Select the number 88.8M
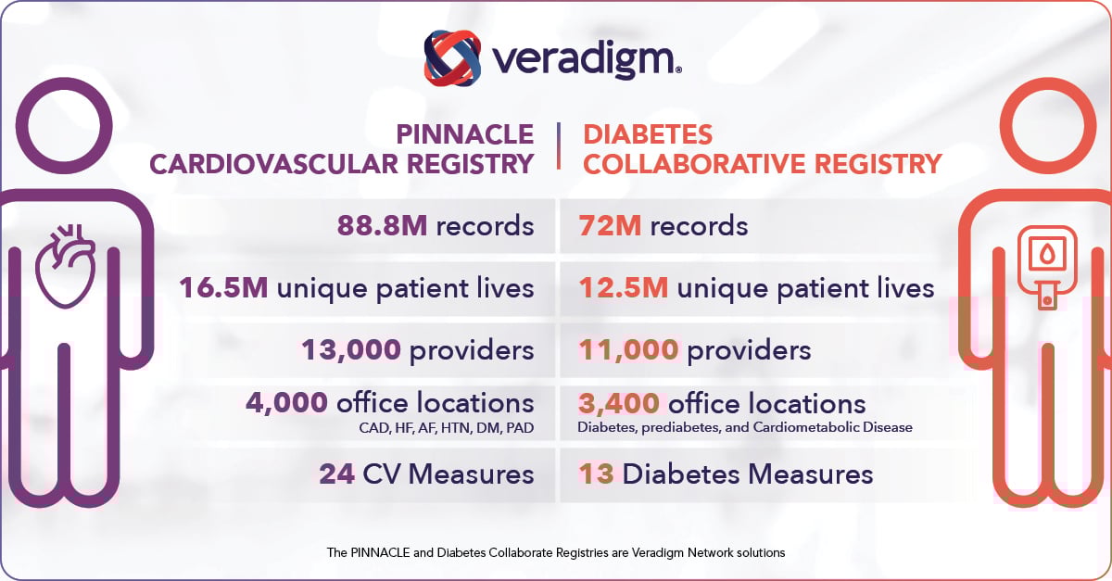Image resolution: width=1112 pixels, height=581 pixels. point(384,225)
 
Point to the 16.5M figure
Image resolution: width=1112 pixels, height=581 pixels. point(224,288)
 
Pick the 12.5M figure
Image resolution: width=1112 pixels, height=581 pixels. point(624,288)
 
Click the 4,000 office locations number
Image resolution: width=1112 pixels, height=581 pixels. point(286,403)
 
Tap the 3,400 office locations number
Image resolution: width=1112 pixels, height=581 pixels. point(619,403)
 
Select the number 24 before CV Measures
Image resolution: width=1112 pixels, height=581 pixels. point(336,474)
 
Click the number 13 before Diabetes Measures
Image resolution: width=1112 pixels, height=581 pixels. point(597,474)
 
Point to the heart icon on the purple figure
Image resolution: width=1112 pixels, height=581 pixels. point(65,264)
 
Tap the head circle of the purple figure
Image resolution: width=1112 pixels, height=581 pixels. point(65,127)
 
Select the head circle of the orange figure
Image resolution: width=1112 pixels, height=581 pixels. point(1047,127)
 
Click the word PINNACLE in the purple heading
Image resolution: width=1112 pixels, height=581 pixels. point(464,134)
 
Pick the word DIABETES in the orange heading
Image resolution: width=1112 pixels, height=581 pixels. point(648,134)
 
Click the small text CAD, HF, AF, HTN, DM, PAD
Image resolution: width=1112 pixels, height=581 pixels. point(446,428)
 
